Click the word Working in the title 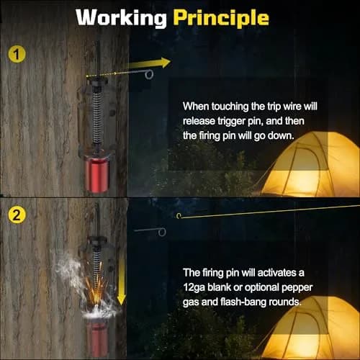[x=121, y=18]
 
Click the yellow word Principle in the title [x=221, y=18]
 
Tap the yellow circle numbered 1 [x=17, y=54]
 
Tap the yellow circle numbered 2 [x=17, y=215]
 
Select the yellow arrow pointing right [x=149, y=63]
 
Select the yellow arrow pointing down [x=122, y=279]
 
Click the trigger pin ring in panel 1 [x=149, y=75]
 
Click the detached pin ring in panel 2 [x=162, y=232]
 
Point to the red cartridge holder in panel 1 [x=97, y=174]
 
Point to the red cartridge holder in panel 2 [x=98, y=337]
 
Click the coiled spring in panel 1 [x=96, y=117]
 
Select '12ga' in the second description [x=194, y=288]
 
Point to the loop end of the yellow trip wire [x=179, y=216]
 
